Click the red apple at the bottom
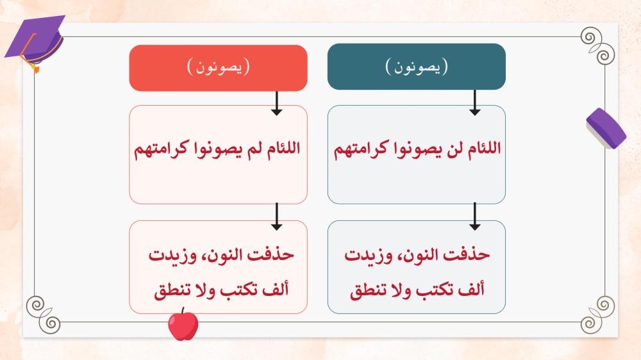(183, 325)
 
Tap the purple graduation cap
(35, 41)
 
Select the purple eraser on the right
(606, 129)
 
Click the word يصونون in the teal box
(417, 67)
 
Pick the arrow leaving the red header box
(277, 103)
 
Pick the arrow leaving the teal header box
(474, 102)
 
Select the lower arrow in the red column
(277, 217)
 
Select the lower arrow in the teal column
(474, 217)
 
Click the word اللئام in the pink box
(284, 148)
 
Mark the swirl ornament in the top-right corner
(597, 45)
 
